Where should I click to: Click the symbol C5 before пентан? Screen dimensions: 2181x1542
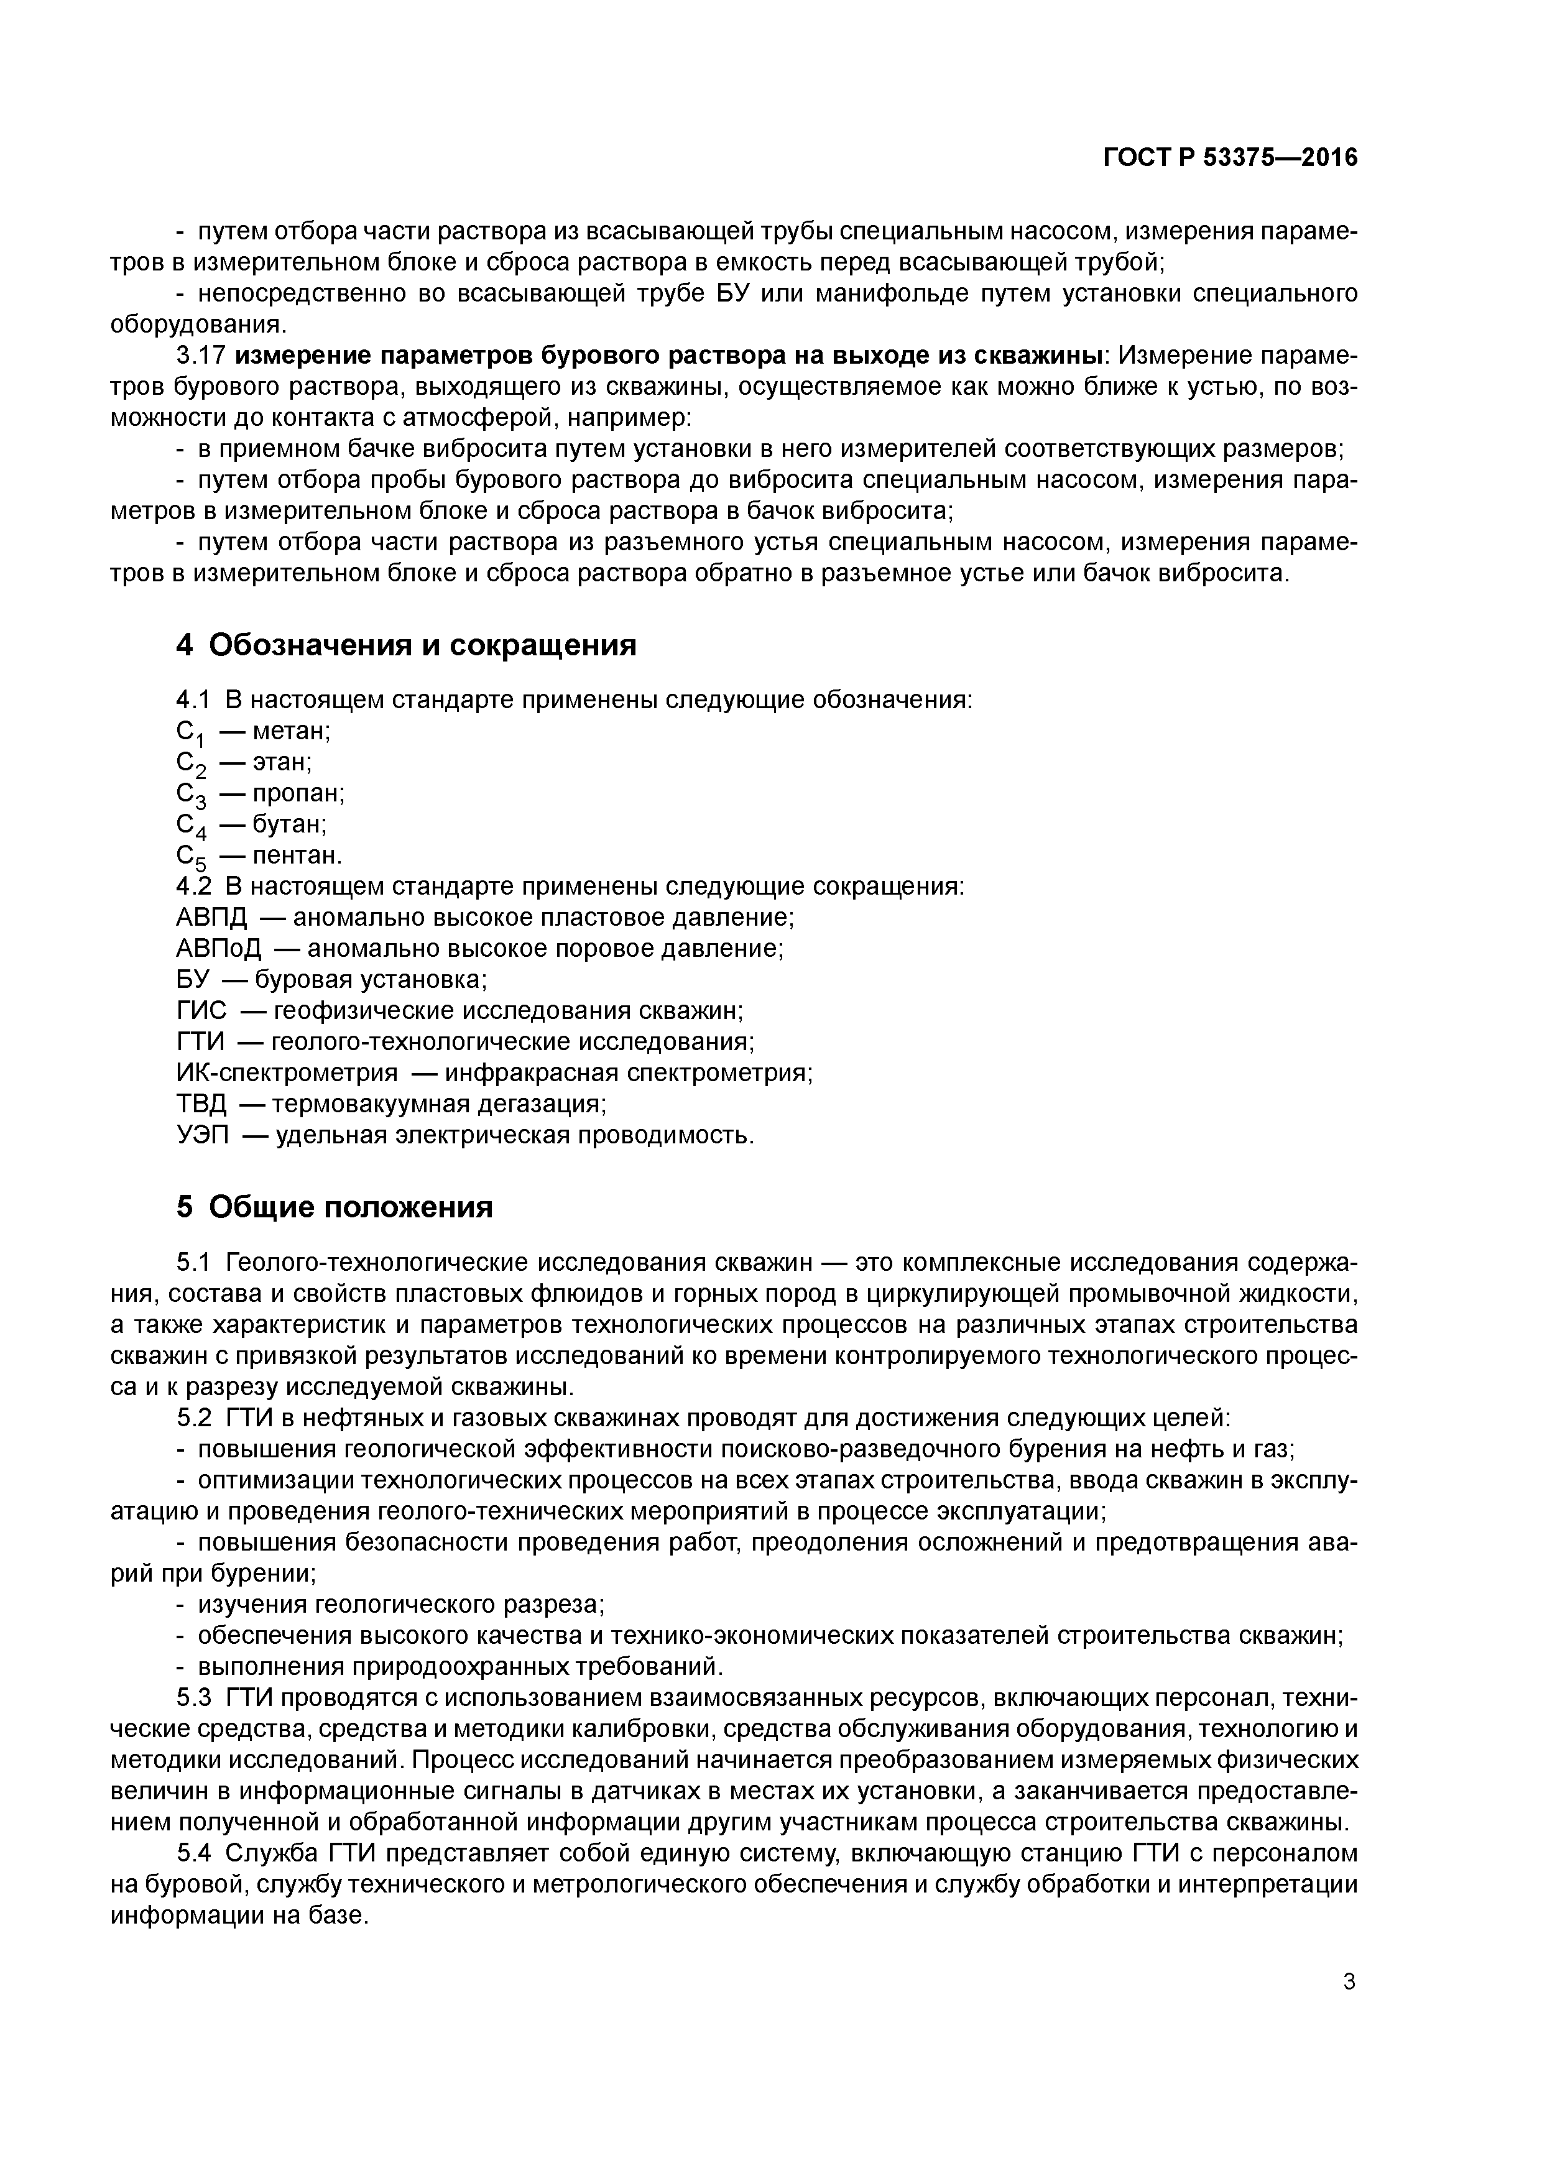click(x=190, y=858)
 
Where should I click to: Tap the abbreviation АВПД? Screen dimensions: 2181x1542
click(x=211, y=918)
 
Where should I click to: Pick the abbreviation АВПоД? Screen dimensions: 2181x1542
click(x=218, y=948)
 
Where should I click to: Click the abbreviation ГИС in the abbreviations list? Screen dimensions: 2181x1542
click(x=201, y=1011)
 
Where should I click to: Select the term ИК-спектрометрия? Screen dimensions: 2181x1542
click(x=287, y=1072)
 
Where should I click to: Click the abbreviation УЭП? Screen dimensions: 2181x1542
click(x=202, y=1135)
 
